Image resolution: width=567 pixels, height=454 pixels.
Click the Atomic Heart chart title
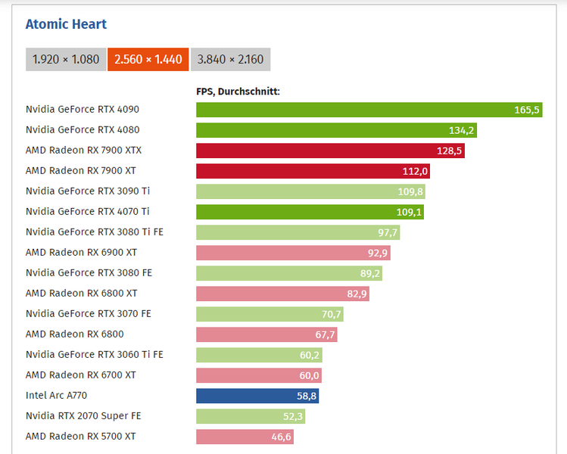(x=66, y=24)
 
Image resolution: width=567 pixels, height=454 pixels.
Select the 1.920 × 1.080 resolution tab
(x=66, y=59)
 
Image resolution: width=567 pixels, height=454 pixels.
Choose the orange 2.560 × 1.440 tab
(x=148, y=59)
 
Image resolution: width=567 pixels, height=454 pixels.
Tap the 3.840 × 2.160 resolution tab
(x=230, y=59)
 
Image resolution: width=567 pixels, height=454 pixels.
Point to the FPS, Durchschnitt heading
(x=238, y=92)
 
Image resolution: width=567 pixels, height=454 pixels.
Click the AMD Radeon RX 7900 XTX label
(x=83, y=151)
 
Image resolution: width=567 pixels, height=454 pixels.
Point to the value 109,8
(x=410, y=191)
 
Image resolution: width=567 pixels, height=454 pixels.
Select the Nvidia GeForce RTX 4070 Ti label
(x=87, y=212)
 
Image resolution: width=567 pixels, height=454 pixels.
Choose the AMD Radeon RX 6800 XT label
(x=81, y=294)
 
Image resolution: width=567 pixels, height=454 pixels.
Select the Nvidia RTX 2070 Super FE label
(x=83, y=416)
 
